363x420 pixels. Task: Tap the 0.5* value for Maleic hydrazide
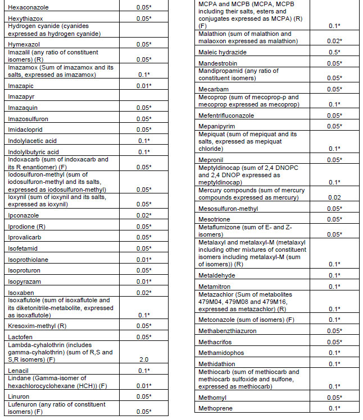coord(335,53)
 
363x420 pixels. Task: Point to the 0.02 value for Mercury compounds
coord(335,197)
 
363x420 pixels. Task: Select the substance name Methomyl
coord(214,397)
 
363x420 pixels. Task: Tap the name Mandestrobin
coord(219,63)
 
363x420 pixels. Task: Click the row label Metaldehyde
coord(217,275)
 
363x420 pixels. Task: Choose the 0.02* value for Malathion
coord(335,41)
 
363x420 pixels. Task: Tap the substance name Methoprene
coord(216,408)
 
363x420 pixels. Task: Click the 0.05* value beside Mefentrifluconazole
coord(335,115)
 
